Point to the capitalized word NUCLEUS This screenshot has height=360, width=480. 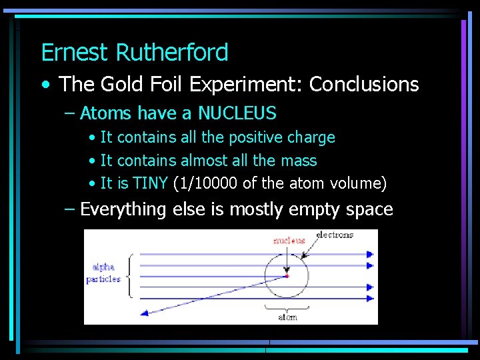click(237, 113)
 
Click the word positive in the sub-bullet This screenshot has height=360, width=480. click(255, 138)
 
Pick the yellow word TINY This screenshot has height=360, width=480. click(150, 183)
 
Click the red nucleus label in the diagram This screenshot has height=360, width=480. click(289, 240)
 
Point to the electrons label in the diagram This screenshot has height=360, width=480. click(335, 235)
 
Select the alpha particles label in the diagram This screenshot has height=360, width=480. click(103, 273)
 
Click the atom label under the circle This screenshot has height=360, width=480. click(287, 317)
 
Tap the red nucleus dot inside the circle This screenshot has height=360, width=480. click(287, 276)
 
